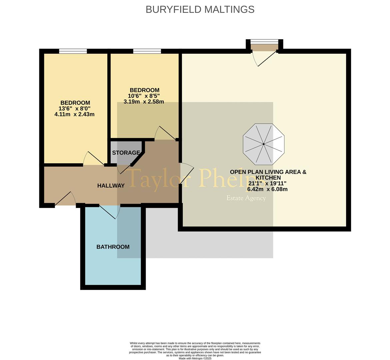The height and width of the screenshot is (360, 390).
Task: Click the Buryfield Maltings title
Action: (200, 9)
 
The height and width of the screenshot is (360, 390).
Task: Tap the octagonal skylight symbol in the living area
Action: (264, 144)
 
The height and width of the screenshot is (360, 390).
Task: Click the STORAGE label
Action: (126, 153)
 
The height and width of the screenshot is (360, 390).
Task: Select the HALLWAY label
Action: (111, 186)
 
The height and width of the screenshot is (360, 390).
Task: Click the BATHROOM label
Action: (113, 247)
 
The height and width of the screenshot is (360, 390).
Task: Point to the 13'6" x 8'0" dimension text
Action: (74, 109)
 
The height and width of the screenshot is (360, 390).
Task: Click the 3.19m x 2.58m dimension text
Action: (144, 102)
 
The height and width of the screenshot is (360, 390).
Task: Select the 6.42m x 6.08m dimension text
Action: (267, 189)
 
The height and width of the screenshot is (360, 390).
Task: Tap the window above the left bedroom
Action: (73, 51)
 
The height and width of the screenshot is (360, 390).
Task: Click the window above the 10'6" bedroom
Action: (147, 51)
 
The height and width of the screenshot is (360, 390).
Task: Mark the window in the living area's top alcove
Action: (264, 42)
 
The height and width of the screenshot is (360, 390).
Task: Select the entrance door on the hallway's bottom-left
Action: (66, 199)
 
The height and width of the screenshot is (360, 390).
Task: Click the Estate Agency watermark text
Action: (246, 198)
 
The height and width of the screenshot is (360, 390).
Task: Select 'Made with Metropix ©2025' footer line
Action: (195, 358)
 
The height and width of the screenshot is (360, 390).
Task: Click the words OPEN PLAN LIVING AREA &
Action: (268, 172)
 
